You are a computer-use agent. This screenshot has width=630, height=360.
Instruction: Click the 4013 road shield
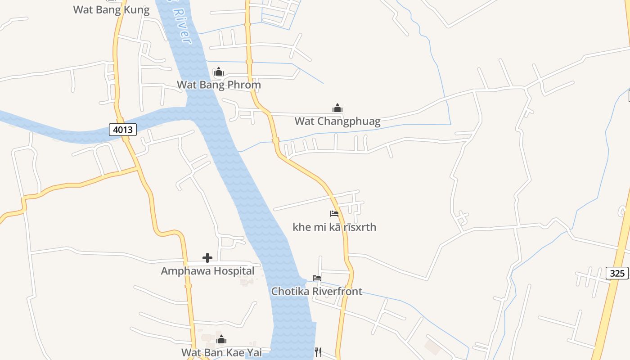click(123, 130)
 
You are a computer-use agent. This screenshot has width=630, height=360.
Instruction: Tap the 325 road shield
click(617, 273)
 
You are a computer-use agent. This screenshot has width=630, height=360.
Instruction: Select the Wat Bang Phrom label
click(219, 85)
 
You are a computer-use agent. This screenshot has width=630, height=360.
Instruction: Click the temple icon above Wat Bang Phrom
click(219, 72)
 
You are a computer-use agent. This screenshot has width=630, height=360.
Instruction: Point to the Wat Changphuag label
click(337, 121)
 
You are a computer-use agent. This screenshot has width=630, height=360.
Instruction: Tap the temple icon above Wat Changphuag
click(337, 108)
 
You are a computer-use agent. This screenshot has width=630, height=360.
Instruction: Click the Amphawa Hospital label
click(207, 271)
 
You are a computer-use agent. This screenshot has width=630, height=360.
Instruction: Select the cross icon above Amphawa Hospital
click(207, 258)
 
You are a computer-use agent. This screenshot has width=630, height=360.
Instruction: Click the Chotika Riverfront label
click(316, 291)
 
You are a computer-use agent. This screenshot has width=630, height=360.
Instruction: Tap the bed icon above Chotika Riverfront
click(317, 278)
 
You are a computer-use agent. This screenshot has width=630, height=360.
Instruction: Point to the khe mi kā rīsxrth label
click(334, 227)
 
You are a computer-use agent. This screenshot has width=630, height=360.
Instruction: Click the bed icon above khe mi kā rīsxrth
click(334, 214)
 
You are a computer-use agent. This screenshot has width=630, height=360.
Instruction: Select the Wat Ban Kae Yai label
click(221, 352)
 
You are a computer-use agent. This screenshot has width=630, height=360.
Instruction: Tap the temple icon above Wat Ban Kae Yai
click(221, 339)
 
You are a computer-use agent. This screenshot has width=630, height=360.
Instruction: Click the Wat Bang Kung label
click(111, 10)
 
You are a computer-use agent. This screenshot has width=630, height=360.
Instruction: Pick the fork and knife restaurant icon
click(318, 352)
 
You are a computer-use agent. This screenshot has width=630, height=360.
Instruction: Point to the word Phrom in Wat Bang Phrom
click(244, 85)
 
